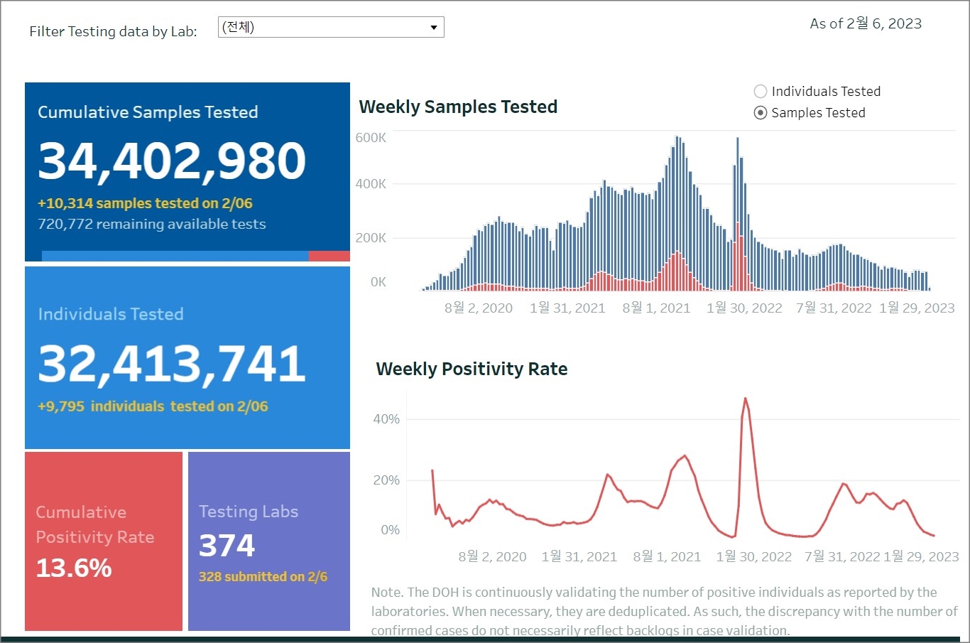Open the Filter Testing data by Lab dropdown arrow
click(x=433, y=28)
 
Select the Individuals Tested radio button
click(x=761, y=92)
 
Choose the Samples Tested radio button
click(x=761, y=113)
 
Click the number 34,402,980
click(x=172, y=161)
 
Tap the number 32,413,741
click(x=172, y=364)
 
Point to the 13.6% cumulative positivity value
click(x=74, y=568)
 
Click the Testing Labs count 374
click(x=227, y=546)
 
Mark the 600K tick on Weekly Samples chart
click(x=371, y=138)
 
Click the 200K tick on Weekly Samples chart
click(x=371, y=238)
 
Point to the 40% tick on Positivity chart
click(x=386, y=419)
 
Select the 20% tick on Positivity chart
click(x=386, y=480)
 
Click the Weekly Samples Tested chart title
click(x=458, y=107)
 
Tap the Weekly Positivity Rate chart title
click(x=472, y=369)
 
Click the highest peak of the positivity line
click(x=746, y=399)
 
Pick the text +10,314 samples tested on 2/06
click(x=145, y=204)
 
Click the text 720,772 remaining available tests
click(x=152, y=225)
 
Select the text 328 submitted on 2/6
click(x=263, y=577)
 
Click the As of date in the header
click(x=866, y=24)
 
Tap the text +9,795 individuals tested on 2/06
click(x=153, y=406)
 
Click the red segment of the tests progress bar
click(x=329, y=256)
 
